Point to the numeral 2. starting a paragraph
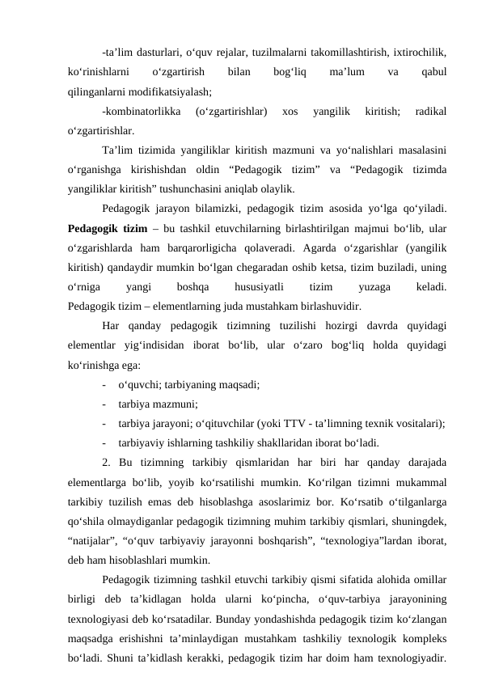[108, 462]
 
